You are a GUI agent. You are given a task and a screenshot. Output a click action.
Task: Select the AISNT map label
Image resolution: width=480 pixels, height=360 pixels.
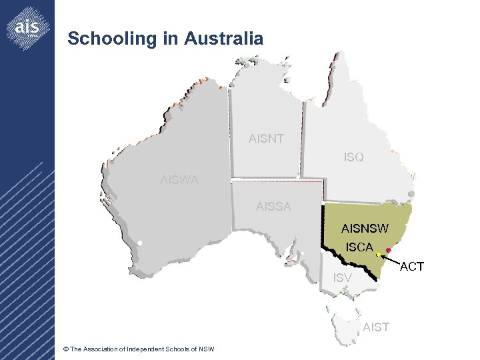click(x=266, y=139)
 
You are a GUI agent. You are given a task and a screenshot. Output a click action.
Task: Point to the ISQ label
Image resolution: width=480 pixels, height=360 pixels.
click(x=353, y=158)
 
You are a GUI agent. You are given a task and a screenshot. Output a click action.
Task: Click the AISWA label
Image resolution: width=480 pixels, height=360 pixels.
click(x=179, y=179)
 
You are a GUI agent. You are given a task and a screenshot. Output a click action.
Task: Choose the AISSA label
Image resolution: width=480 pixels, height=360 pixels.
click(x=273, y=207)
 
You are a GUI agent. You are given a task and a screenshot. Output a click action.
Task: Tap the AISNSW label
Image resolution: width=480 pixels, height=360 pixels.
click(x=365, y=229)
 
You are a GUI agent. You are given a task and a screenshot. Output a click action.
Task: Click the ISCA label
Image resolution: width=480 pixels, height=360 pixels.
click(x=359, y=247)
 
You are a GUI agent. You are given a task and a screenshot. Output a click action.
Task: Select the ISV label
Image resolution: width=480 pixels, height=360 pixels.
click(x=342, y=277)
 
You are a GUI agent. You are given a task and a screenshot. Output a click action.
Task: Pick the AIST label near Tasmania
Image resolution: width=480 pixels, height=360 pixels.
click(x=376, y=327)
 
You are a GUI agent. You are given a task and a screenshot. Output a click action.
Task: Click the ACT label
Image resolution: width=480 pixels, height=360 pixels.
click(x=412, y=267)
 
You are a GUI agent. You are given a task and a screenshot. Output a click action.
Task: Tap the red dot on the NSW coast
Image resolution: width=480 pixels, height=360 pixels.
click(x=389, y=250)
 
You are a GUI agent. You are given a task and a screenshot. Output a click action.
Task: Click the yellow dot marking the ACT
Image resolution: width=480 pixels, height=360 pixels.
click(x=378, y=255)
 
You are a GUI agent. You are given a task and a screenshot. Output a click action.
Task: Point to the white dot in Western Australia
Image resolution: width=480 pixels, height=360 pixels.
click(x=140, y=243)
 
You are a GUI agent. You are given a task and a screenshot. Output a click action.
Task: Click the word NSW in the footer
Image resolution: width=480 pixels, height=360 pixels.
click(x=206, y=349)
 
